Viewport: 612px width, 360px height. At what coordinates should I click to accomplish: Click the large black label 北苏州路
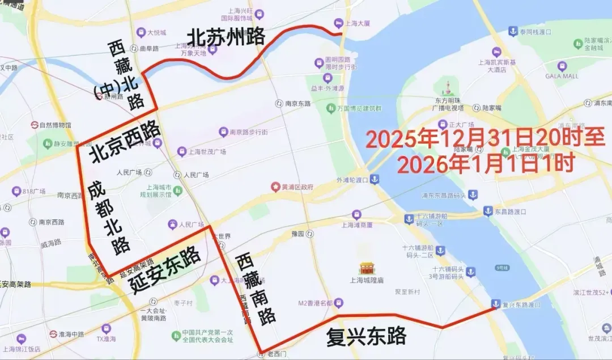click(226, 38)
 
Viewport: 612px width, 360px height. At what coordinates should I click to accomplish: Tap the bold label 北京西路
click(125, 136)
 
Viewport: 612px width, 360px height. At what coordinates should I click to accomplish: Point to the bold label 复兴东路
click(366, 336)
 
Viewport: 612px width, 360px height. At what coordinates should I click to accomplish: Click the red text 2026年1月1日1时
click(486, 164)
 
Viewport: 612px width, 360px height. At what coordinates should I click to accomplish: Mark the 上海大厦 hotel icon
click(338, 23)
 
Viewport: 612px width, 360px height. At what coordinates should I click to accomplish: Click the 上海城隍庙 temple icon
click(367, 268)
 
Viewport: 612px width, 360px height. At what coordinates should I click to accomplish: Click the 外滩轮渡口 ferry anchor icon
click(375, 179)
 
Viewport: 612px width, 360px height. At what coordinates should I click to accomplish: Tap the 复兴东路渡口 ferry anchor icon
click(495, 304)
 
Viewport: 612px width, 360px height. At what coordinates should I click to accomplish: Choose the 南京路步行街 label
click(248, 132)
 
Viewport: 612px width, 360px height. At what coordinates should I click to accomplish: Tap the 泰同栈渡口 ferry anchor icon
click(512, 31)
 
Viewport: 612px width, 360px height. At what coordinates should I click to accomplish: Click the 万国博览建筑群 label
click(359, 108)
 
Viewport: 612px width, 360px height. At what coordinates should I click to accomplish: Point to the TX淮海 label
click(106, 339)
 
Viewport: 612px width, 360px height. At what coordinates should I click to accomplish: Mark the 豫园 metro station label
click(298, 234)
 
